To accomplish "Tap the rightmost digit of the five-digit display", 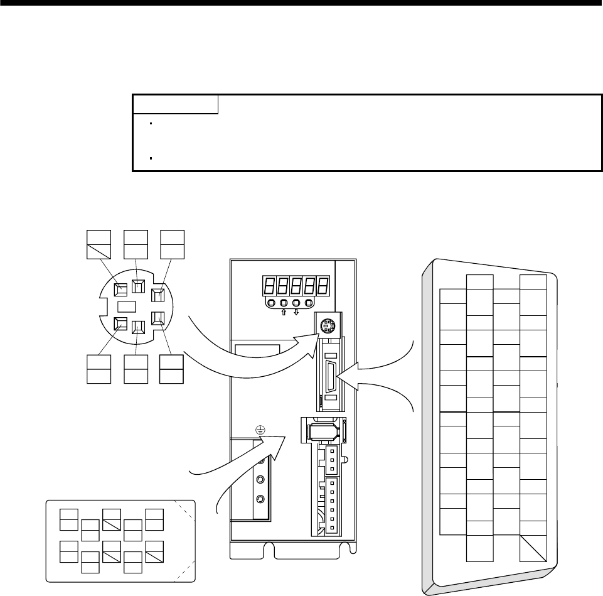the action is tap(323, 286).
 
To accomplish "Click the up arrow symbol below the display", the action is tap(283, 312).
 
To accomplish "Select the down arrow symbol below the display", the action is tap(296, 312).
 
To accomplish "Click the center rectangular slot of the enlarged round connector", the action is tap(127, 307).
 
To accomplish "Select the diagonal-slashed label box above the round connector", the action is tap(99, 245).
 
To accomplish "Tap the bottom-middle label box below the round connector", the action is tap(136, 369).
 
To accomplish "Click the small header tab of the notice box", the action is tap(175, 104).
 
